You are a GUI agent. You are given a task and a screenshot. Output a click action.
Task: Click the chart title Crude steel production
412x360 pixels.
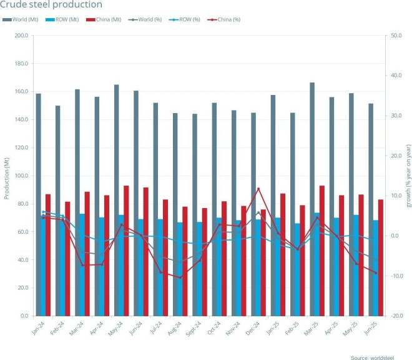tap(51, 5)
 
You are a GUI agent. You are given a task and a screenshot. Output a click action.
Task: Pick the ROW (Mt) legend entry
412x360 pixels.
tap(66, 19)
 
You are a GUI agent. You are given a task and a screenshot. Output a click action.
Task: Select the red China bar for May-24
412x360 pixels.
tap(126, 250)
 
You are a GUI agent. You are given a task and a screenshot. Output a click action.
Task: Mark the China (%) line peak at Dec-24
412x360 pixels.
tap(258, 188)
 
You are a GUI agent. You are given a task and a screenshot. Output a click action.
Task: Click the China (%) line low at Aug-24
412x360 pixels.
tap(180, 277)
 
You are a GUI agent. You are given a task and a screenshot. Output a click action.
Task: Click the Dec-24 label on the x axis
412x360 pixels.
tap(251, 327)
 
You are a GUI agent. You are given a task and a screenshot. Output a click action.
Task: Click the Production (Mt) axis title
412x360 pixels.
tap(6, 176)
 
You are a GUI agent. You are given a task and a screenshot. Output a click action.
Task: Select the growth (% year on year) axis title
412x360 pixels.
tap(408, 176)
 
